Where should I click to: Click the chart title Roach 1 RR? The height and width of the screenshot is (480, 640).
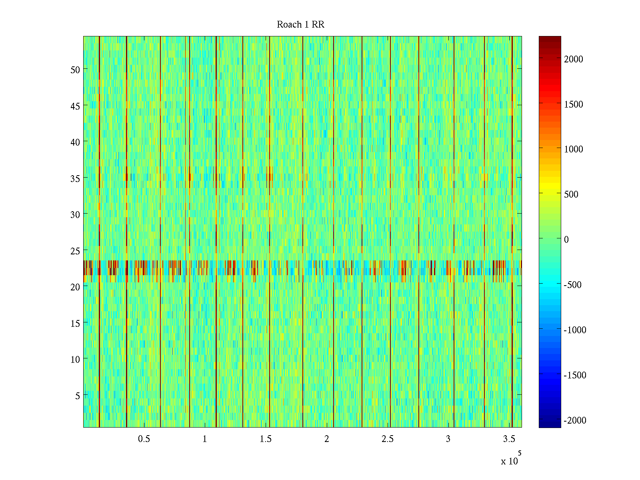300,24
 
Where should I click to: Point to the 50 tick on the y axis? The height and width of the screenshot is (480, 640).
75,70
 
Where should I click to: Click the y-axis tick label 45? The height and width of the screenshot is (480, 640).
75,106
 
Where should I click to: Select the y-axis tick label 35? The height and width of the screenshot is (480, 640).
75,178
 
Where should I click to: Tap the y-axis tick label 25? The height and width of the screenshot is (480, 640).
75,251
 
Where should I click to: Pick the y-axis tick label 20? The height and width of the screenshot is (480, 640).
75,287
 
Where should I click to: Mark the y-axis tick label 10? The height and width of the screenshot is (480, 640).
75,359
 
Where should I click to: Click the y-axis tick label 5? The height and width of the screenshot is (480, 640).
77,396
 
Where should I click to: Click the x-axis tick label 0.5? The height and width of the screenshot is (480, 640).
144,439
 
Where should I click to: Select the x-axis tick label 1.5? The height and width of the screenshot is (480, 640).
266,439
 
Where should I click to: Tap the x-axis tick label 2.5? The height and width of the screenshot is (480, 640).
387,439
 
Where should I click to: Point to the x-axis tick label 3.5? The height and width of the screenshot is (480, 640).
509,439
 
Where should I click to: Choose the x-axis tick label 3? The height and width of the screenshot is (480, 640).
448,439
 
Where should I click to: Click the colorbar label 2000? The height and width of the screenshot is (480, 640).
574,59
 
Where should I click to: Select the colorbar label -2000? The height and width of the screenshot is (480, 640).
575,420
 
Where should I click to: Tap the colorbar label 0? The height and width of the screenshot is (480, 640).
566,240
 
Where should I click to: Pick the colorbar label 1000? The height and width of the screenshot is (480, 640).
574,149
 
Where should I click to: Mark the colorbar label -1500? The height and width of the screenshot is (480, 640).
575,375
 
